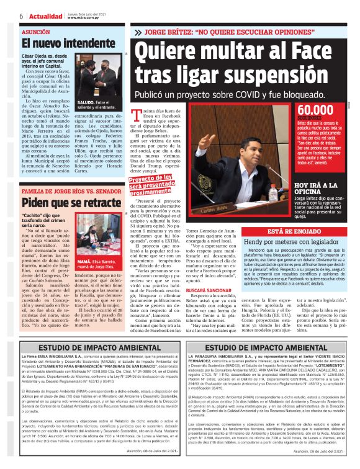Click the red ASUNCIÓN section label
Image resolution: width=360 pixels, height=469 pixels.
[x=35, y=31]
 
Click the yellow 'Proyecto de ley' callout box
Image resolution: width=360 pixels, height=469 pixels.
[x=153, y=185]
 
